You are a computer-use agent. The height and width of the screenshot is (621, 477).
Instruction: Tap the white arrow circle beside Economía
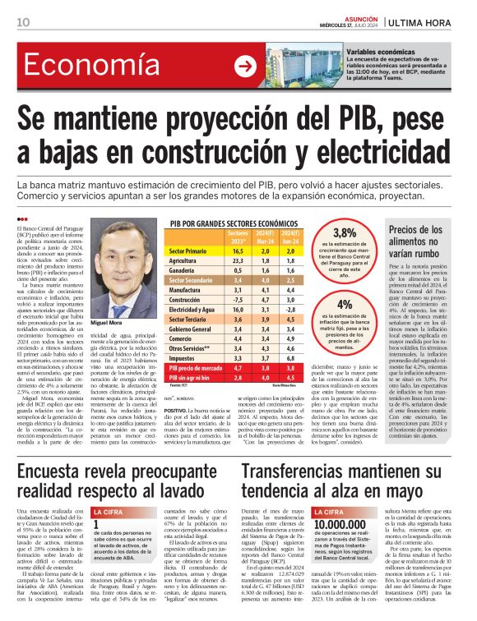[244, 66]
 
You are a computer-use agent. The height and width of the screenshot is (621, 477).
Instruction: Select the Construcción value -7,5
[238, 301]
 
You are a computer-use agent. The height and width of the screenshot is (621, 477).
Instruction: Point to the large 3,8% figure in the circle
[344, 233]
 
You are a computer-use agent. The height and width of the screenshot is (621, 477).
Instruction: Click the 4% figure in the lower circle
[345, 304]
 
